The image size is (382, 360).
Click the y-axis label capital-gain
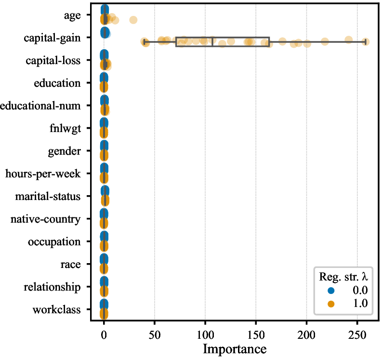52,38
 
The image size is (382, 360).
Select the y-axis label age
72,16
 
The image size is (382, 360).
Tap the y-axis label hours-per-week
43,174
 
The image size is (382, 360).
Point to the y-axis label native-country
45,219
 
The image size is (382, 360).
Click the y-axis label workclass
56,310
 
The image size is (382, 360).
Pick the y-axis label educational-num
40,106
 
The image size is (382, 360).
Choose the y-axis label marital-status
48,197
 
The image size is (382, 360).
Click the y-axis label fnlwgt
66,129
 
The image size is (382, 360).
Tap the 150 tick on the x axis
256,335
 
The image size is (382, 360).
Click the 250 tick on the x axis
357,335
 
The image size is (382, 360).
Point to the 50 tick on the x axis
155,335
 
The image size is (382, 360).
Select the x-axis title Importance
235,349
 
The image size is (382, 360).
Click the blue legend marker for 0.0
331,291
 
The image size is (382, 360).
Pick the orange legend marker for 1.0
331,304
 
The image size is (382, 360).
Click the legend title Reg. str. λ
343,277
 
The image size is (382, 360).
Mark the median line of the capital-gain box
212,42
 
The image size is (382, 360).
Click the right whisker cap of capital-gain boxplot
366,42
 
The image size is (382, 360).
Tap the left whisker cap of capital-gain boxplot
145,42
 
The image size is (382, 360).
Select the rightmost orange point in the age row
133,20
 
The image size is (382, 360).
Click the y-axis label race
71,265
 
